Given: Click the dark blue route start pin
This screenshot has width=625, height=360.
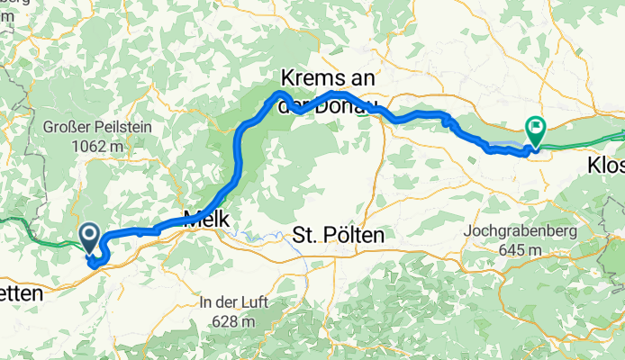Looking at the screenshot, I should [91, 238].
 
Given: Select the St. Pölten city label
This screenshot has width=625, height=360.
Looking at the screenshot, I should [339, 236].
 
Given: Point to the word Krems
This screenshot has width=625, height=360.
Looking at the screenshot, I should [311, 77].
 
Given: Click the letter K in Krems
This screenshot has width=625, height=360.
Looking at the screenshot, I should [287, 77].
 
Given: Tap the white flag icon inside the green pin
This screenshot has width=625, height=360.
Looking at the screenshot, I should [537, 129].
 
